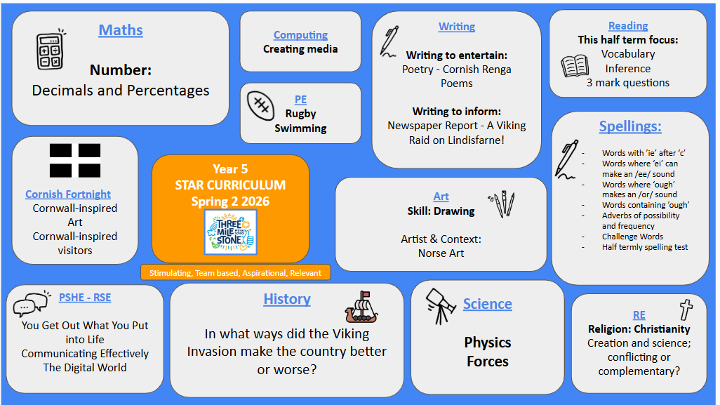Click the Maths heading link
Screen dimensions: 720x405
click(121, 30)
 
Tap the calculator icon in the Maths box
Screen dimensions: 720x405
click(51, 50)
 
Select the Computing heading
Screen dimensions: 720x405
click(300, 35)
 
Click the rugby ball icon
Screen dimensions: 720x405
click(261, 105)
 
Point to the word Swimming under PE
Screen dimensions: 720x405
click(300, 128)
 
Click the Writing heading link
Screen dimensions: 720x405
click(456, 27)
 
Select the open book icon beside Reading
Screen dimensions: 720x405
click(575, 66)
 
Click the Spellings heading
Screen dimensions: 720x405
click(630, 126)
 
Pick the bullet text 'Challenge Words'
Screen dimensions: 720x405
click(632, 237)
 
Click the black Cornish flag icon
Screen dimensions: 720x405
click(75, 160)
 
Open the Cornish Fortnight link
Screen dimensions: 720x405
click(68, 194)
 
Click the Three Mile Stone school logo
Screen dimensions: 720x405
click(230, 232)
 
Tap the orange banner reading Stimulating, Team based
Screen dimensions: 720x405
click(235, 273)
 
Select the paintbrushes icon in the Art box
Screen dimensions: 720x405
click(502, 204)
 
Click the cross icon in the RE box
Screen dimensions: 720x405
click(686, 310)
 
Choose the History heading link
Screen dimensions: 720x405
click(287, 300)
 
